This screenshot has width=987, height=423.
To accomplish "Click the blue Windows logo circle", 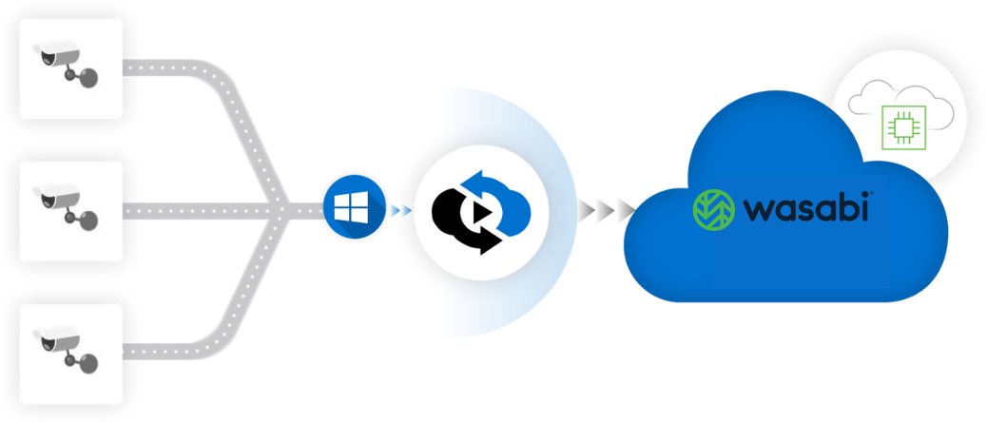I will (x=354, y=209).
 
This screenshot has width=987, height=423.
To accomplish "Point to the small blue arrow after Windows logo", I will (x=400, y=209).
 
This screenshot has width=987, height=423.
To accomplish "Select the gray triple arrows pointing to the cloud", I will (x=607, y=209).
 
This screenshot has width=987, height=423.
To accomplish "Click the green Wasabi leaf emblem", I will (x=712, y=209).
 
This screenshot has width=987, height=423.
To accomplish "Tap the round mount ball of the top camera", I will (x=87, y=78).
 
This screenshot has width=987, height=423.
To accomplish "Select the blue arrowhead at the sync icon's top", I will (x=467, y=180).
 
